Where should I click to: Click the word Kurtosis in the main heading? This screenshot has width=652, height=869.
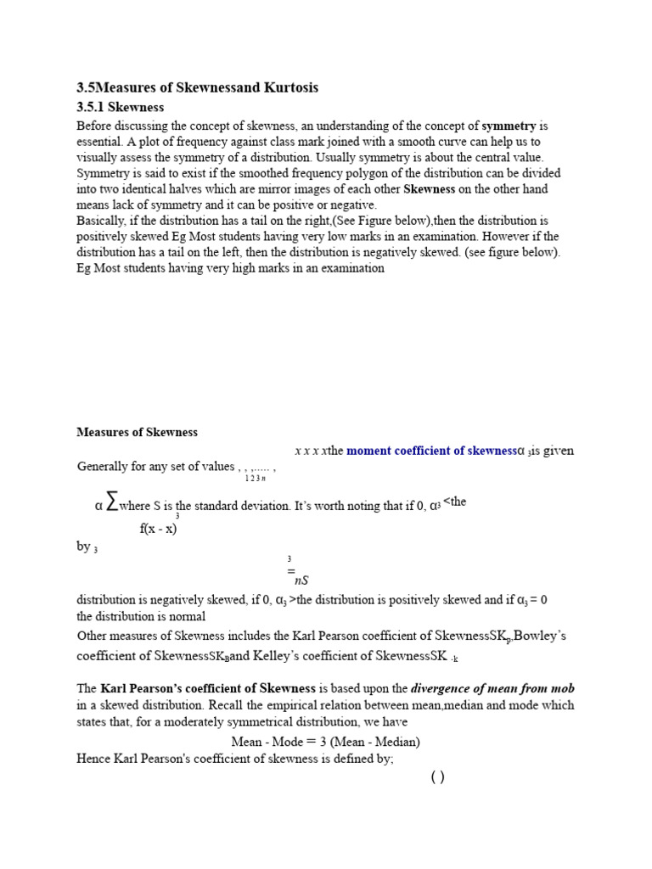coord(284,88)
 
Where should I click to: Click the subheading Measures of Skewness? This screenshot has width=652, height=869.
coord(137,432)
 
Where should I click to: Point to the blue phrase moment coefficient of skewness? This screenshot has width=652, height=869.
coord(431,451)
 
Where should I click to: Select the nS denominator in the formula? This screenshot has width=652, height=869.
coord(301,580)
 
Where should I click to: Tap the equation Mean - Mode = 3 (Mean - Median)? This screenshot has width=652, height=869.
coord(325,741)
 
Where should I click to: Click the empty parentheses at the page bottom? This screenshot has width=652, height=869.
coord(437,777)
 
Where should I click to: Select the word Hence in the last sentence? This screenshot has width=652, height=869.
coord(93,759)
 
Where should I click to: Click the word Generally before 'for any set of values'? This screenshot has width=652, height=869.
coord(103,467)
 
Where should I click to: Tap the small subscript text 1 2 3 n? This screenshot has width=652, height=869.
coord(255,479)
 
